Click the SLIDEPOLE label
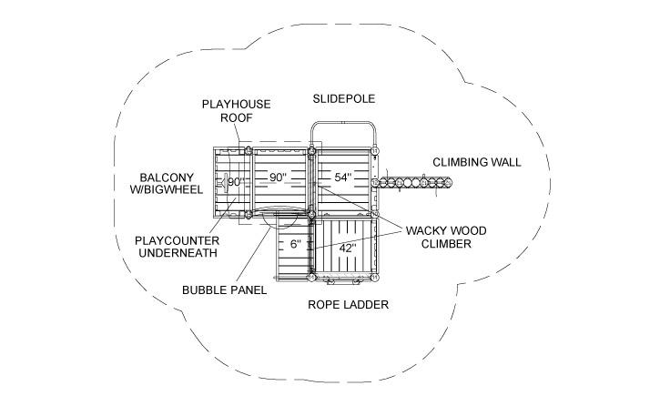343,98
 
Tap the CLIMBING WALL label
476,162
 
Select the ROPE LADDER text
348,305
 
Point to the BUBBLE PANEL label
223,290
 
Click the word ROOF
236,118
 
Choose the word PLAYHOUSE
236,105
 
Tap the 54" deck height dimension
342,177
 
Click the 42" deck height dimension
347,247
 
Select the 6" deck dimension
295,245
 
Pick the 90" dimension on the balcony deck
236,181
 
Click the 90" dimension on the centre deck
277,177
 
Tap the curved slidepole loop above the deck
344,124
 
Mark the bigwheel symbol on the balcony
221,182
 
